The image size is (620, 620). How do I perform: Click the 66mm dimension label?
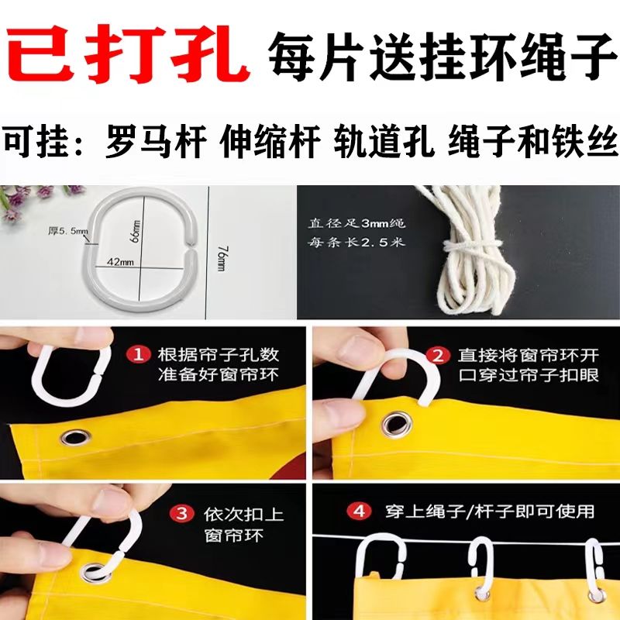(136, 231)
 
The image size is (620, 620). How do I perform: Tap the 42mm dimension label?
(120, 262)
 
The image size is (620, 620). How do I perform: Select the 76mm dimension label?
(222, 259)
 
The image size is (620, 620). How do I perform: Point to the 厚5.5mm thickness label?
(68, 231)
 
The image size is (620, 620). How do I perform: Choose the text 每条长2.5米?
(356, 241)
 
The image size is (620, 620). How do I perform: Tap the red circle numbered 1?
(138, 355)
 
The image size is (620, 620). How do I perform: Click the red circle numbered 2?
(438, 356)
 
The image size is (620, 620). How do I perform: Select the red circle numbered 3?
(182, 514)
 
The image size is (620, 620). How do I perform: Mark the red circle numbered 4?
(359, 511)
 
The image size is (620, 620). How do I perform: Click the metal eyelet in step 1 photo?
(75, 437)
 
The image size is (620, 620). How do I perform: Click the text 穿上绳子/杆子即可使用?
(490, 511)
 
